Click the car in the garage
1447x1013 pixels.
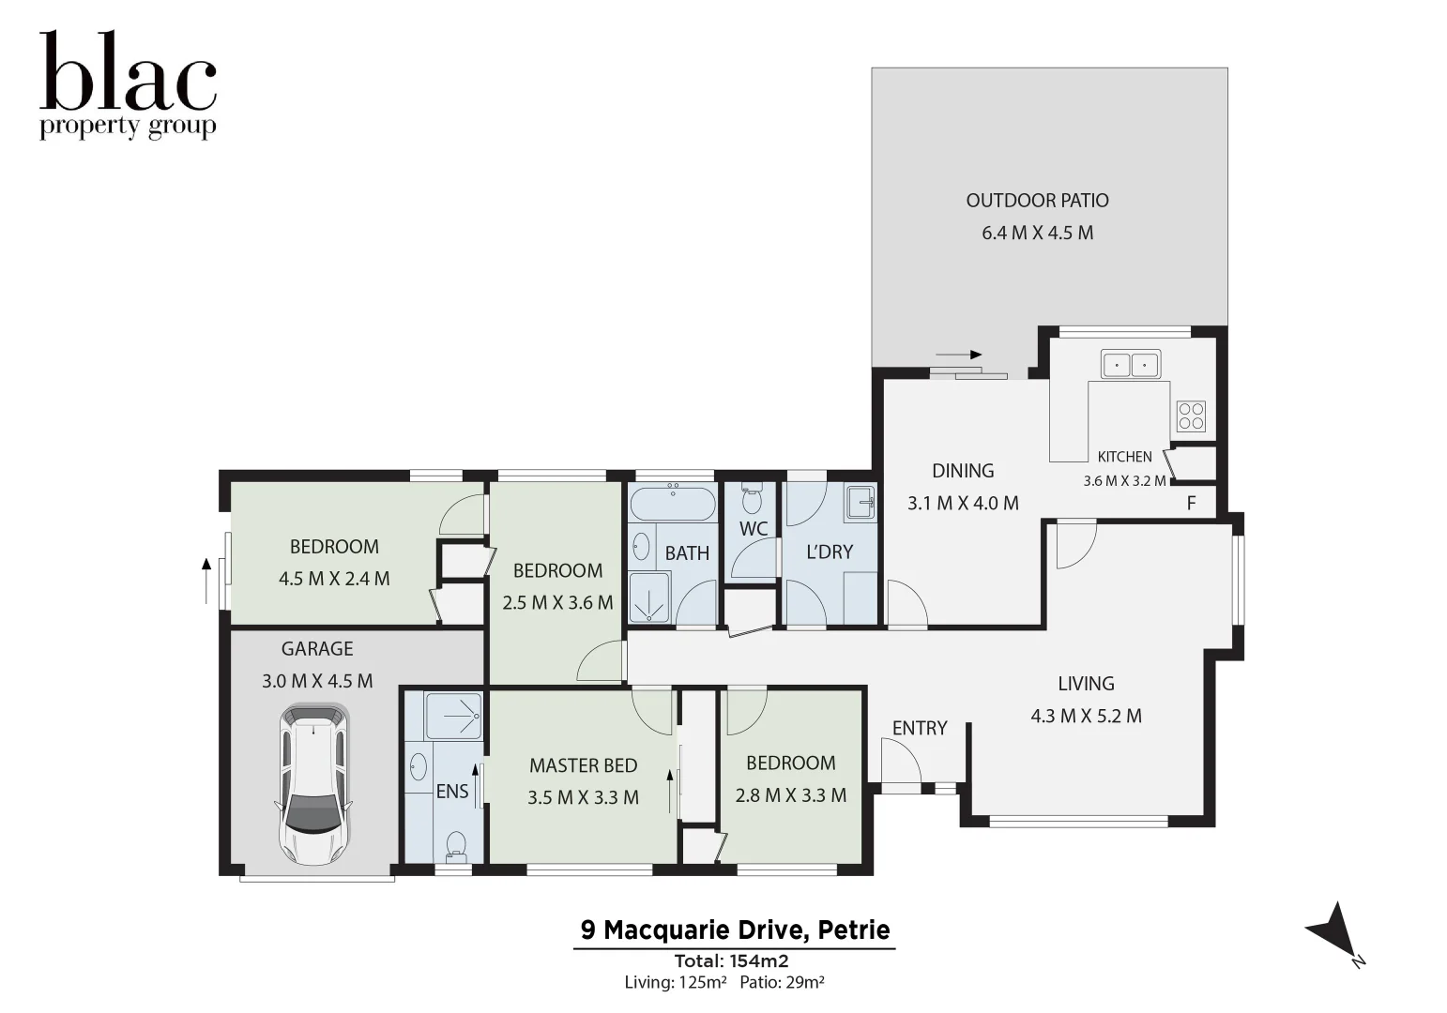click(x=312, y=785)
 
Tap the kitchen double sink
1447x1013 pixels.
click(x=1130, y=364)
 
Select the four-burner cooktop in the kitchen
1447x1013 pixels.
click(x=1191, y=416)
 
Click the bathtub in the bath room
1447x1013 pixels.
click(x=672, y=506)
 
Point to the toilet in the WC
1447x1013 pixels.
click(x=752, y=499)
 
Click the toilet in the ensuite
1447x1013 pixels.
click(x=456, y=845)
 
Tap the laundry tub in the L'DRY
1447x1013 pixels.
click(x=860, y=502)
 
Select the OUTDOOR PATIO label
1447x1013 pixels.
click(x=1037, y=201)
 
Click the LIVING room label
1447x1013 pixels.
click(x=1086, y=684)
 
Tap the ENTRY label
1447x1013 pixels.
click(x=919, y=728)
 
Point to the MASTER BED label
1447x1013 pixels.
click(x=583, y=765)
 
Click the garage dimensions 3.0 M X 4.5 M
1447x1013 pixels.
click(x=317, y=681)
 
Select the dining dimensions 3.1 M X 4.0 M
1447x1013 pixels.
click(x=963, y=503)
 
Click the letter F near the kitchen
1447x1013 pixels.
click(x=1191, y=503)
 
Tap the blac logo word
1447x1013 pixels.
click(x=128, y=73)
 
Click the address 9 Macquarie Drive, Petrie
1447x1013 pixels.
click(x=735, y=930)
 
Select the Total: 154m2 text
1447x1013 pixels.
click(x=731, y=960)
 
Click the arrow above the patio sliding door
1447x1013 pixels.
click(x=958, y=355)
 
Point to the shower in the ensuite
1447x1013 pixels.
click(x=453, y=716)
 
